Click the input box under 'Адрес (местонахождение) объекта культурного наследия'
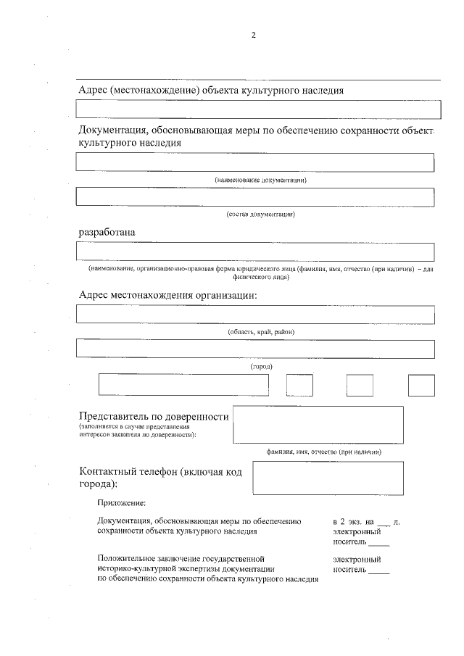258,109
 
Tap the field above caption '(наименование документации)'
255,162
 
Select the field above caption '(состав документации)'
255,196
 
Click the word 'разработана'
107,232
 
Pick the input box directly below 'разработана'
255,252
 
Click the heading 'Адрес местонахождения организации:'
167,295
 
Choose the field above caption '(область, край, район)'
255,315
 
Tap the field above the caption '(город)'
255,349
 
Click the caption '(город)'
261,367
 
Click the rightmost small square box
420,385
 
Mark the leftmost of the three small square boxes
299,385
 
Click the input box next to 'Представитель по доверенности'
318,424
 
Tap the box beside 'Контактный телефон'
323,478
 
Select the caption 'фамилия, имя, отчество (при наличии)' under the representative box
323,452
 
